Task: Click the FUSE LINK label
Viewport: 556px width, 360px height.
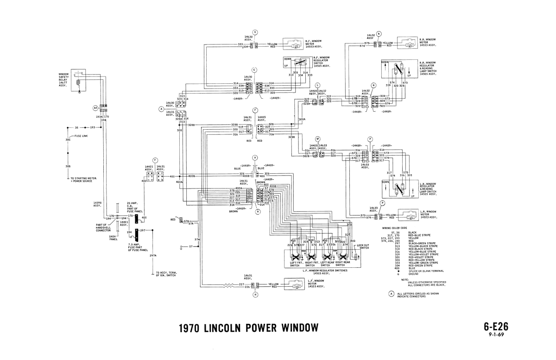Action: click(x=80, y=136)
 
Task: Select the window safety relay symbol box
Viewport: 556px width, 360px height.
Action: click(x=80, y=79)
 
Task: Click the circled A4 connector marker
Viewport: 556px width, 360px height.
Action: click(x=96, y=107)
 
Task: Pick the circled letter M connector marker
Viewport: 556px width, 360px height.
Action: click(x=318, y=139)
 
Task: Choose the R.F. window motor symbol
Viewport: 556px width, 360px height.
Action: click(x=293, y=45)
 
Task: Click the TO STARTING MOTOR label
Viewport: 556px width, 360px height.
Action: click(x=82, y=179)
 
